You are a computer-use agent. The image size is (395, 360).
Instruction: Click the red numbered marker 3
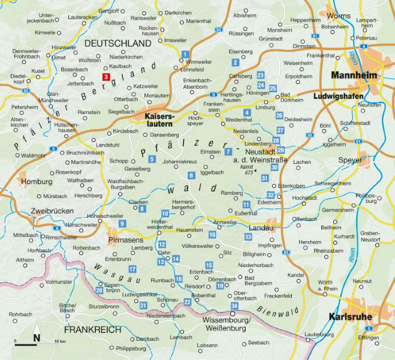tap(106, 77)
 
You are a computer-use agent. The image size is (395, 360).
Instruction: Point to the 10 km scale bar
tap(35, 344)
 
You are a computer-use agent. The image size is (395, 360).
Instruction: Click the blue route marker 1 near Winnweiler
tap(185, 55)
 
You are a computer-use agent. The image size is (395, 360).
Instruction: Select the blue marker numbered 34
tap(234, 306)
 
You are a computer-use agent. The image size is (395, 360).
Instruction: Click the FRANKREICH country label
tap(94, 329)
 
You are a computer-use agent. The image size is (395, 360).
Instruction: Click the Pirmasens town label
tap(137, 240)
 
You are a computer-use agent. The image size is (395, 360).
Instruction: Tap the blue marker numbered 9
tap(122, 224)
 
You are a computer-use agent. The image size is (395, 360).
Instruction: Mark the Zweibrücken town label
tap(55, 211)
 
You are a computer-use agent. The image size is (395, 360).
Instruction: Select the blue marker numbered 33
tap(248, 238)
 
